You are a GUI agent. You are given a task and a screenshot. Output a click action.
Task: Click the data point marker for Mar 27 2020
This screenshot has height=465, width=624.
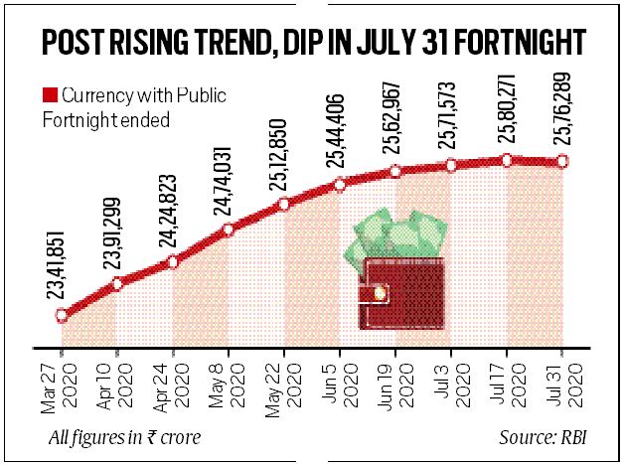point(62,315)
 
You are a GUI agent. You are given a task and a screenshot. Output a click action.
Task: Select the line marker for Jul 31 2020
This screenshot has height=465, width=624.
point(563,161)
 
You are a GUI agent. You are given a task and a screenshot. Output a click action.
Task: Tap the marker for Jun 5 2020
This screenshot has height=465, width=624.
point(341,184)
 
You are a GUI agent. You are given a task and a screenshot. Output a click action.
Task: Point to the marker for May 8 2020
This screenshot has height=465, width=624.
point(229,231)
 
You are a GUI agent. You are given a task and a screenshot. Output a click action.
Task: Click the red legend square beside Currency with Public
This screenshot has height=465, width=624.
point(49,97)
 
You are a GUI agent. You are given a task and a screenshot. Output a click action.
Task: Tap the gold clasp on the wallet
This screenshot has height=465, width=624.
point(379,292)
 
